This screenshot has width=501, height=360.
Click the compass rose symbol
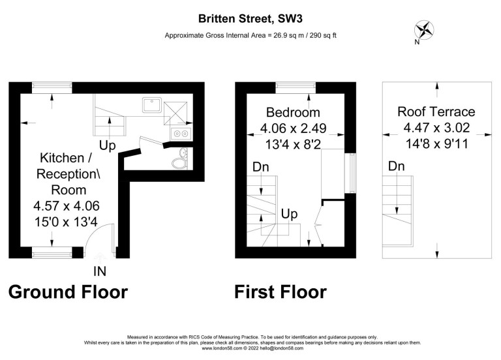424,30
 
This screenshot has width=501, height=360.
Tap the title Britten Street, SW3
250,18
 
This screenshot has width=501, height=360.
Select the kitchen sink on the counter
152,105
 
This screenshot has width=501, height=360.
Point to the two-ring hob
181,133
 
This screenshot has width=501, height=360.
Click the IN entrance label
100,271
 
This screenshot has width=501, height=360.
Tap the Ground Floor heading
68,292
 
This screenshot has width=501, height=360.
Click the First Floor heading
281,292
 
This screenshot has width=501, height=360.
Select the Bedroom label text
293,112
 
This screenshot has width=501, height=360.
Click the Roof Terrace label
436,112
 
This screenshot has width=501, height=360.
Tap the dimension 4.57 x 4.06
67,205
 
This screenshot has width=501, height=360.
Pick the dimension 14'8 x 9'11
437,143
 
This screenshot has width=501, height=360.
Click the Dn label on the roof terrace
396,166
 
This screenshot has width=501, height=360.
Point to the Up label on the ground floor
108,145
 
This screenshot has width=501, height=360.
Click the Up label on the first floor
289,214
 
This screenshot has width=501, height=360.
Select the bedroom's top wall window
296,88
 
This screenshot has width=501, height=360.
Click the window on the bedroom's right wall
350,173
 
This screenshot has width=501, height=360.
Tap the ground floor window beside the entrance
52,252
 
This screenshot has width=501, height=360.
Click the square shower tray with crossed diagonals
175,113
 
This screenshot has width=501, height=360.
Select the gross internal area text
250,35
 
